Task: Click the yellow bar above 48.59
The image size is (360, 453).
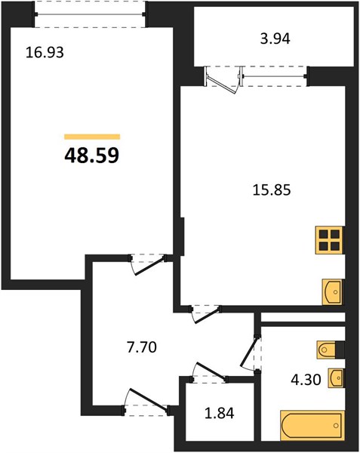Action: [92, 137]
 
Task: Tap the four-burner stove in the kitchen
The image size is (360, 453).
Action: [329, 241]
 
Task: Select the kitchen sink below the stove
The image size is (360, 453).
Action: [332, 291]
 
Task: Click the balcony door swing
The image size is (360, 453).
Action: [224, 79]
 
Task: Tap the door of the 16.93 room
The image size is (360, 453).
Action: [147, 262]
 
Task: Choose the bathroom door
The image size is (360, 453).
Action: [251, 351]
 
